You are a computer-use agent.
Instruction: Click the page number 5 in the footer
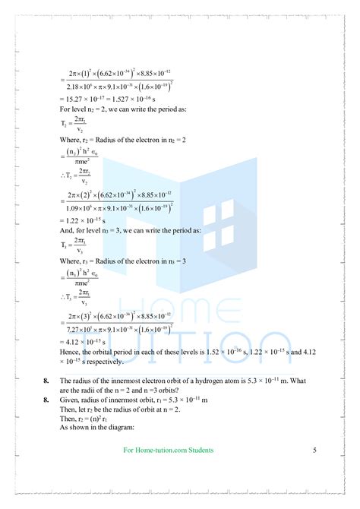pos(314,451)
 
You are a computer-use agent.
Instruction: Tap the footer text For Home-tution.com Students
pos(168,451)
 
